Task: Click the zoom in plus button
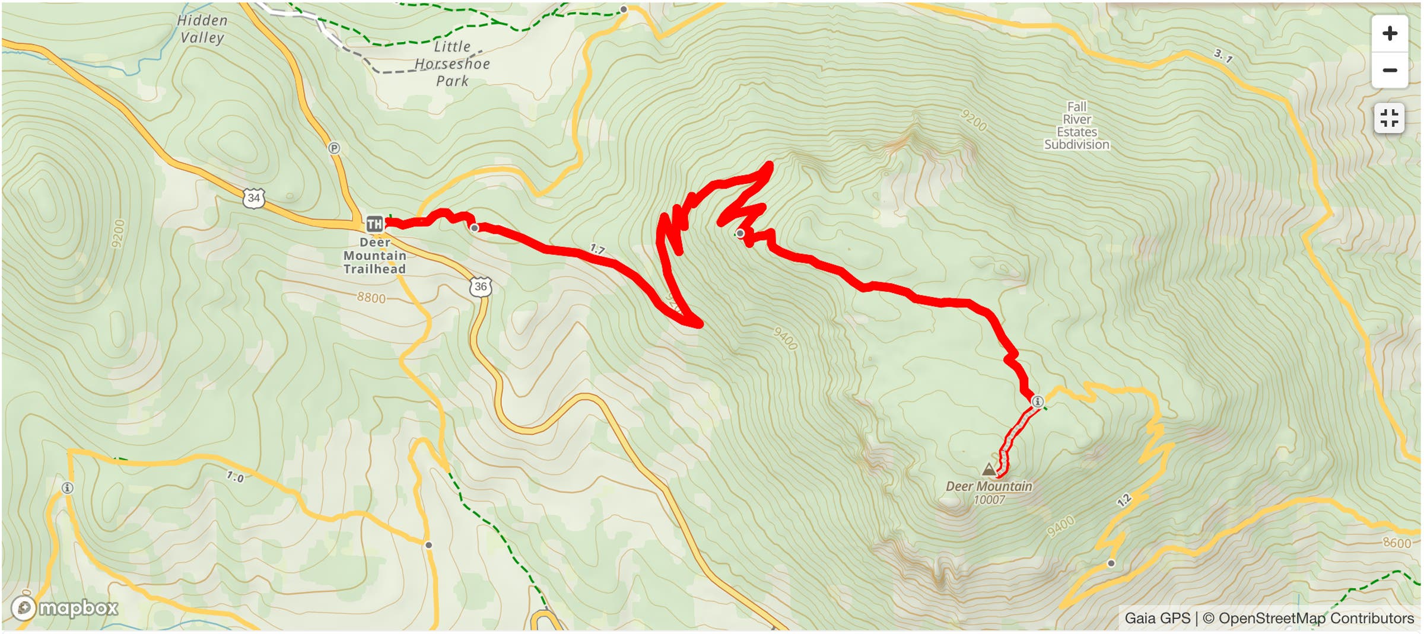1389,33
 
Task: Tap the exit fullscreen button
1389,118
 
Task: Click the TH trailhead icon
374,224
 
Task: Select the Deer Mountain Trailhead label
374,256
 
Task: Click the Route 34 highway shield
254,197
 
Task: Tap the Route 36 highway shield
481,286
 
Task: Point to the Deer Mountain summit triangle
988,470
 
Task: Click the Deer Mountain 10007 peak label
989,493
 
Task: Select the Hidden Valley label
202,29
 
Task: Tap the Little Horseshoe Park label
453,63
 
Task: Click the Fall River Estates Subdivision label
1076,126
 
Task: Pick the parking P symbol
334,148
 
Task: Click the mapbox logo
65,608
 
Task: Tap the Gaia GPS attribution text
1157,618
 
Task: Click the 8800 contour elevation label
371,297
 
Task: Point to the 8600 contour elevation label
1397,543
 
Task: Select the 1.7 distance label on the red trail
597,250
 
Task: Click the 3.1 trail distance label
1223,56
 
